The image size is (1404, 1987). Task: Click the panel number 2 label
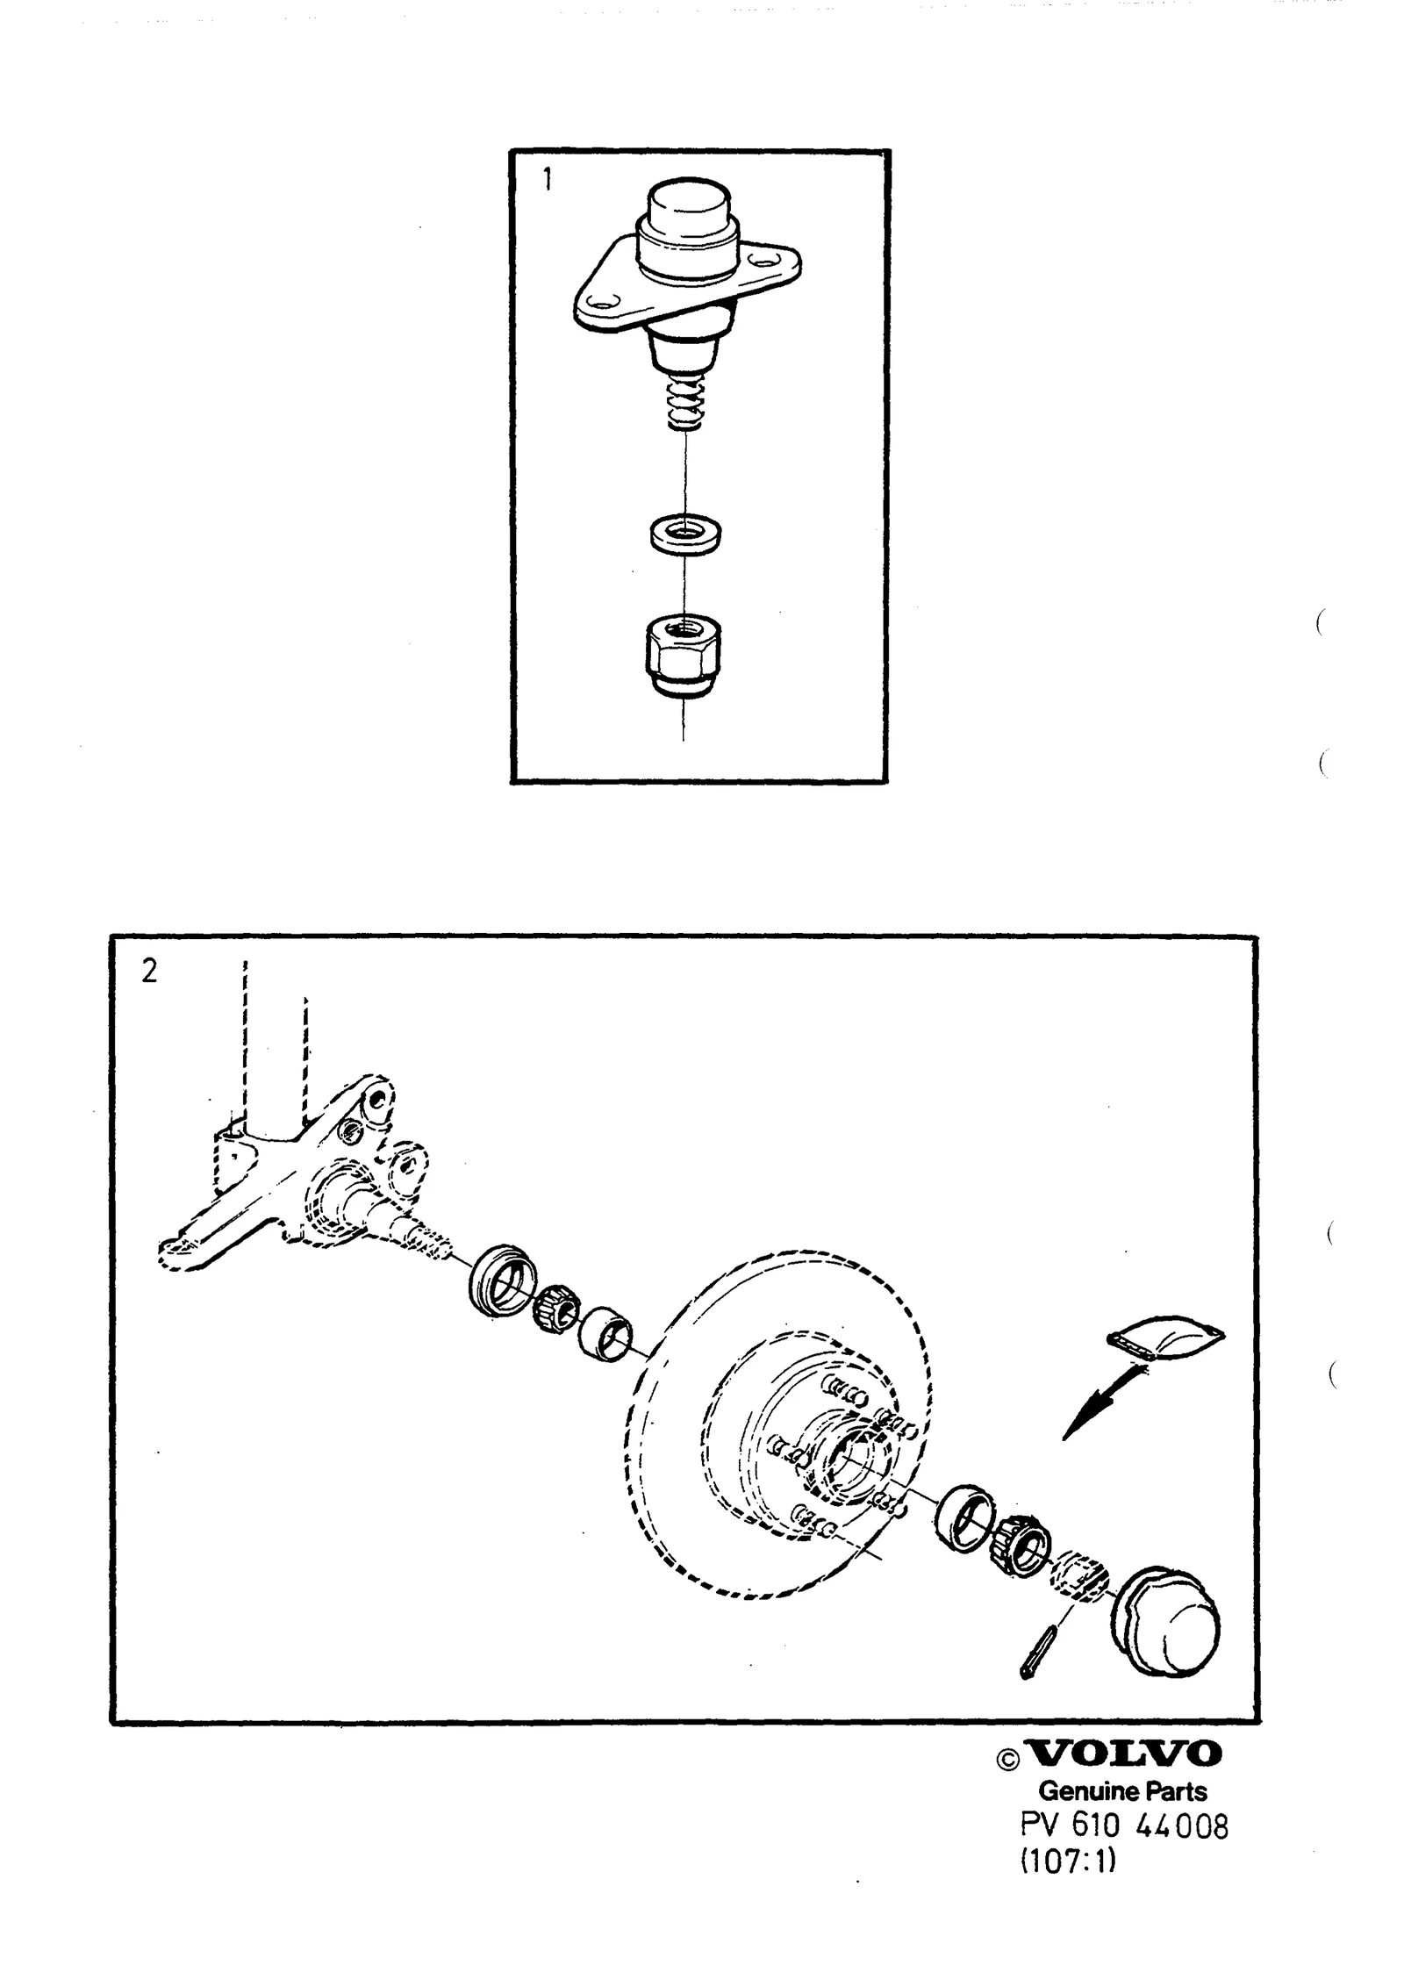coord(149,972)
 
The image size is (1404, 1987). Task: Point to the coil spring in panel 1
coord(688,403)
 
